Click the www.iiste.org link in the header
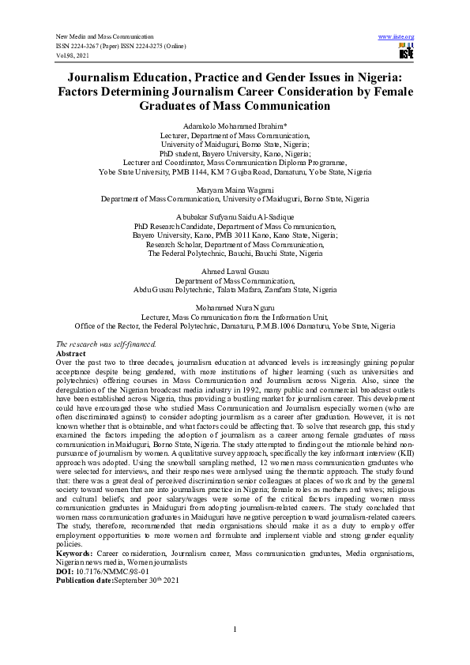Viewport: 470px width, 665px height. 397,37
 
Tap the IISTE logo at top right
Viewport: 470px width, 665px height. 406,51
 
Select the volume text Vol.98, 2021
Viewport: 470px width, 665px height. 73,56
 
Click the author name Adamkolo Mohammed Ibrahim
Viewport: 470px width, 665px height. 235,126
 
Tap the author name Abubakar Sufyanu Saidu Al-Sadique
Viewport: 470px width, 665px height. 235,216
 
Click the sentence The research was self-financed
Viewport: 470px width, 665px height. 107,344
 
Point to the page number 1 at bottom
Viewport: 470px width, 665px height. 235,629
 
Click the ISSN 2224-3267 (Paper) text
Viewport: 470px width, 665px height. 88,47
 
